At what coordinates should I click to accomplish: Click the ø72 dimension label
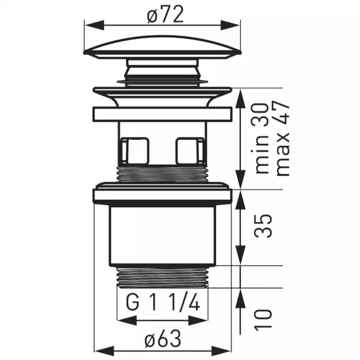point(165,15)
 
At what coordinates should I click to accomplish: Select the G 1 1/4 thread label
point(163,303)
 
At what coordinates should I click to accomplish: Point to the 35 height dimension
point(263,226)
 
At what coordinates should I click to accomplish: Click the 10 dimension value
point(263,320)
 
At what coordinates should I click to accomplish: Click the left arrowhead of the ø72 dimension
point(94,25)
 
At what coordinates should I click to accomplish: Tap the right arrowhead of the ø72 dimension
point(231,25)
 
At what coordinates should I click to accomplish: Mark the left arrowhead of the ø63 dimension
point(104,351)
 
